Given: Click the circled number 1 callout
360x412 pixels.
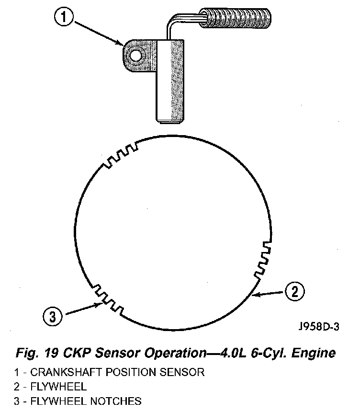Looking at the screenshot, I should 64,18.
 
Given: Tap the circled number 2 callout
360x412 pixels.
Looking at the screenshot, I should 294,291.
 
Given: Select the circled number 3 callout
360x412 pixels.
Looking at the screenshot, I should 53,316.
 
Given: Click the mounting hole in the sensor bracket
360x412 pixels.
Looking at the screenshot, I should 135,56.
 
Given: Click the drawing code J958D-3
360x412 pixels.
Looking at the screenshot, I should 318,327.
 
